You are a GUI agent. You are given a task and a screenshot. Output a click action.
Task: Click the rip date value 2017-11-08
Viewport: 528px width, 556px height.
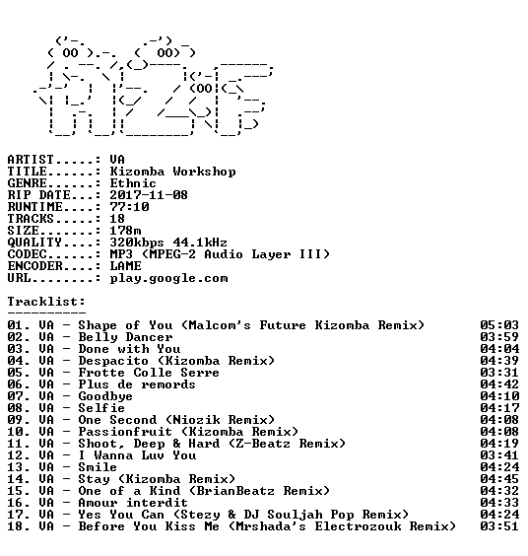click(x=149, y=195)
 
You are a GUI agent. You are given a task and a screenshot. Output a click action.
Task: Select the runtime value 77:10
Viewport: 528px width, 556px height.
click(x=129, y=207)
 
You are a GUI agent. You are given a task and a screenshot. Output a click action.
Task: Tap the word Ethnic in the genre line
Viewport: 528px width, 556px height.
click(x=133, y=183)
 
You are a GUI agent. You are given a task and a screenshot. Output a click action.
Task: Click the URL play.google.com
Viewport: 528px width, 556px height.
click(x=168, y=278)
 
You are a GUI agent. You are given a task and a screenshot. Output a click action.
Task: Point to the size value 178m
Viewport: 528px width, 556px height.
click(x=125, y=231)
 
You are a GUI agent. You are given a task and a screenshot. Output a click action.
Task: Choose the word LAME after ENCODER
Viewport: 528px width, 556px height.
click(x=125, y=266)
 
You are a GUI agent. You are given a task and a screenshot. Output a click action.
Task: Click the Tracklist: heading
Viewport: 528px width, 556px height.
click(x=46, y=302)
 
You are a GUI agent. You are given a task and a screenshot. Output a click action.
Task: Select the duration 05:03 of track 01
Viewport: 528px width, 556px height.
click(x=499, y=325)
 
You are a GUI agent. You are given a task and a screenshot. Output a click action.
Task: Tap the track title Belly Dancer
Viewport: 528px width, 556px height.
click(x=125, y=337)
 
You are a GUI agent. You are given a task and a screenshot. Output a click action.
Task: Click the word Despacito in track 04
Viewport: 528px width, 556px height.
click(x=113, y=361)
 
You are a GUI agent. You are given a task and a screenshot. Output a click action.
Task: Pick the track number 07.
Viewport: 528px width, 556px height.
click(x=15, y=396)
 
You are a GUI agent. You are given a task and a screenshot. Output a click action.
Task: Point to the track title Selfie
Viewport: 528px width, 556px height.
click(x=101, y=408)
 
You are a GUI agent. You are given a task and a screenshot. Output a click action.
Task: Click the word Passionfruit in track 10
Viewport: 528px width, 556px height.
click(x=125, y=432)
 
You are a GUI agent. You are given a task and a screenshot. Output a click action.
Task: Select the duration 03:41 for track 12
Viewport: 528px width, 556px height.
click(x=499, y=455)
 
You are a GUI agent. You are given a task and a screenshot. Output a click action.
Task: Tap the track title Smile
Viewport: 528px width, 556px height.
click(x=98, y=467)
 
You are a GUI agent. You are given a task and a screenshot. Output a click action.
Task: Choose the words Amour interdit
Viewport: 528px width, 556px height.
click(x=133, y=503)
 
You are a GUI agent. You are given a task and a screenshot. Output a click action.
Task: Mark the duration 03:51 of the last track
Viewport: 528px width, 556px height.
click(x=499, y=526)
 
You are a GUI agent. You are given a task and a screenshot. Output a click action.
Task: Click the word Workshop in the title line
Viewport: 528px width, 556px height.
click(x=204, y=172)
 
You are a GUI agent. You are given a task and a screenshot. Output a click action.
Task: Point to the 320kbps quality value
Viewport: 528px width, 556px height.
click(x=137, y=243)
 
